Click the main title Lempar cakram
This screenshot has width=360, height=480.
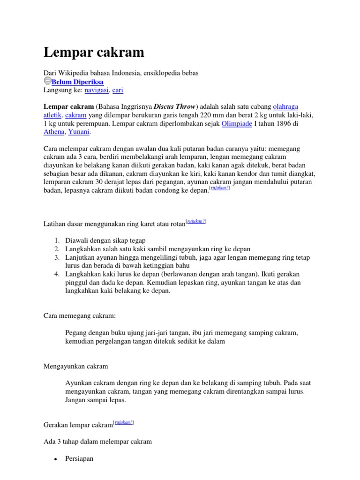[x=94, y=52]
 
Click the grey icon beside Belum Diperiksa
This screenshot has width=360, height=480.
[x=47, y=81]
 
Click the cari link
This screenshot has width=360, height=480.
[x=118, y=90]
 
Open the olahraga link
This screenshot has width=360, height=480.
[x=285, y=106]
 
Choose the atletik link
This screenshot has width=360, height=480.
[x=53, y=115]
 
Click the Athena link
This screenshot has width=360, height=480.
[x=54, y=132]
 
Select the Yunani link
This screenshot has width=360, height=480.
[x=79, y=132]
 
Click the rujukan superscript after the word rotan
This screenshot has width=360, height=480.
[x=196, y=221]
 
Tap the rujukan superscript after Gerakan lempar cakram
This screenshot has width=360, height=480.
[x=124, y=422]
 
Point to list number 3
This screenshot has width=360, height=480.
[x=57, y=257]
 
